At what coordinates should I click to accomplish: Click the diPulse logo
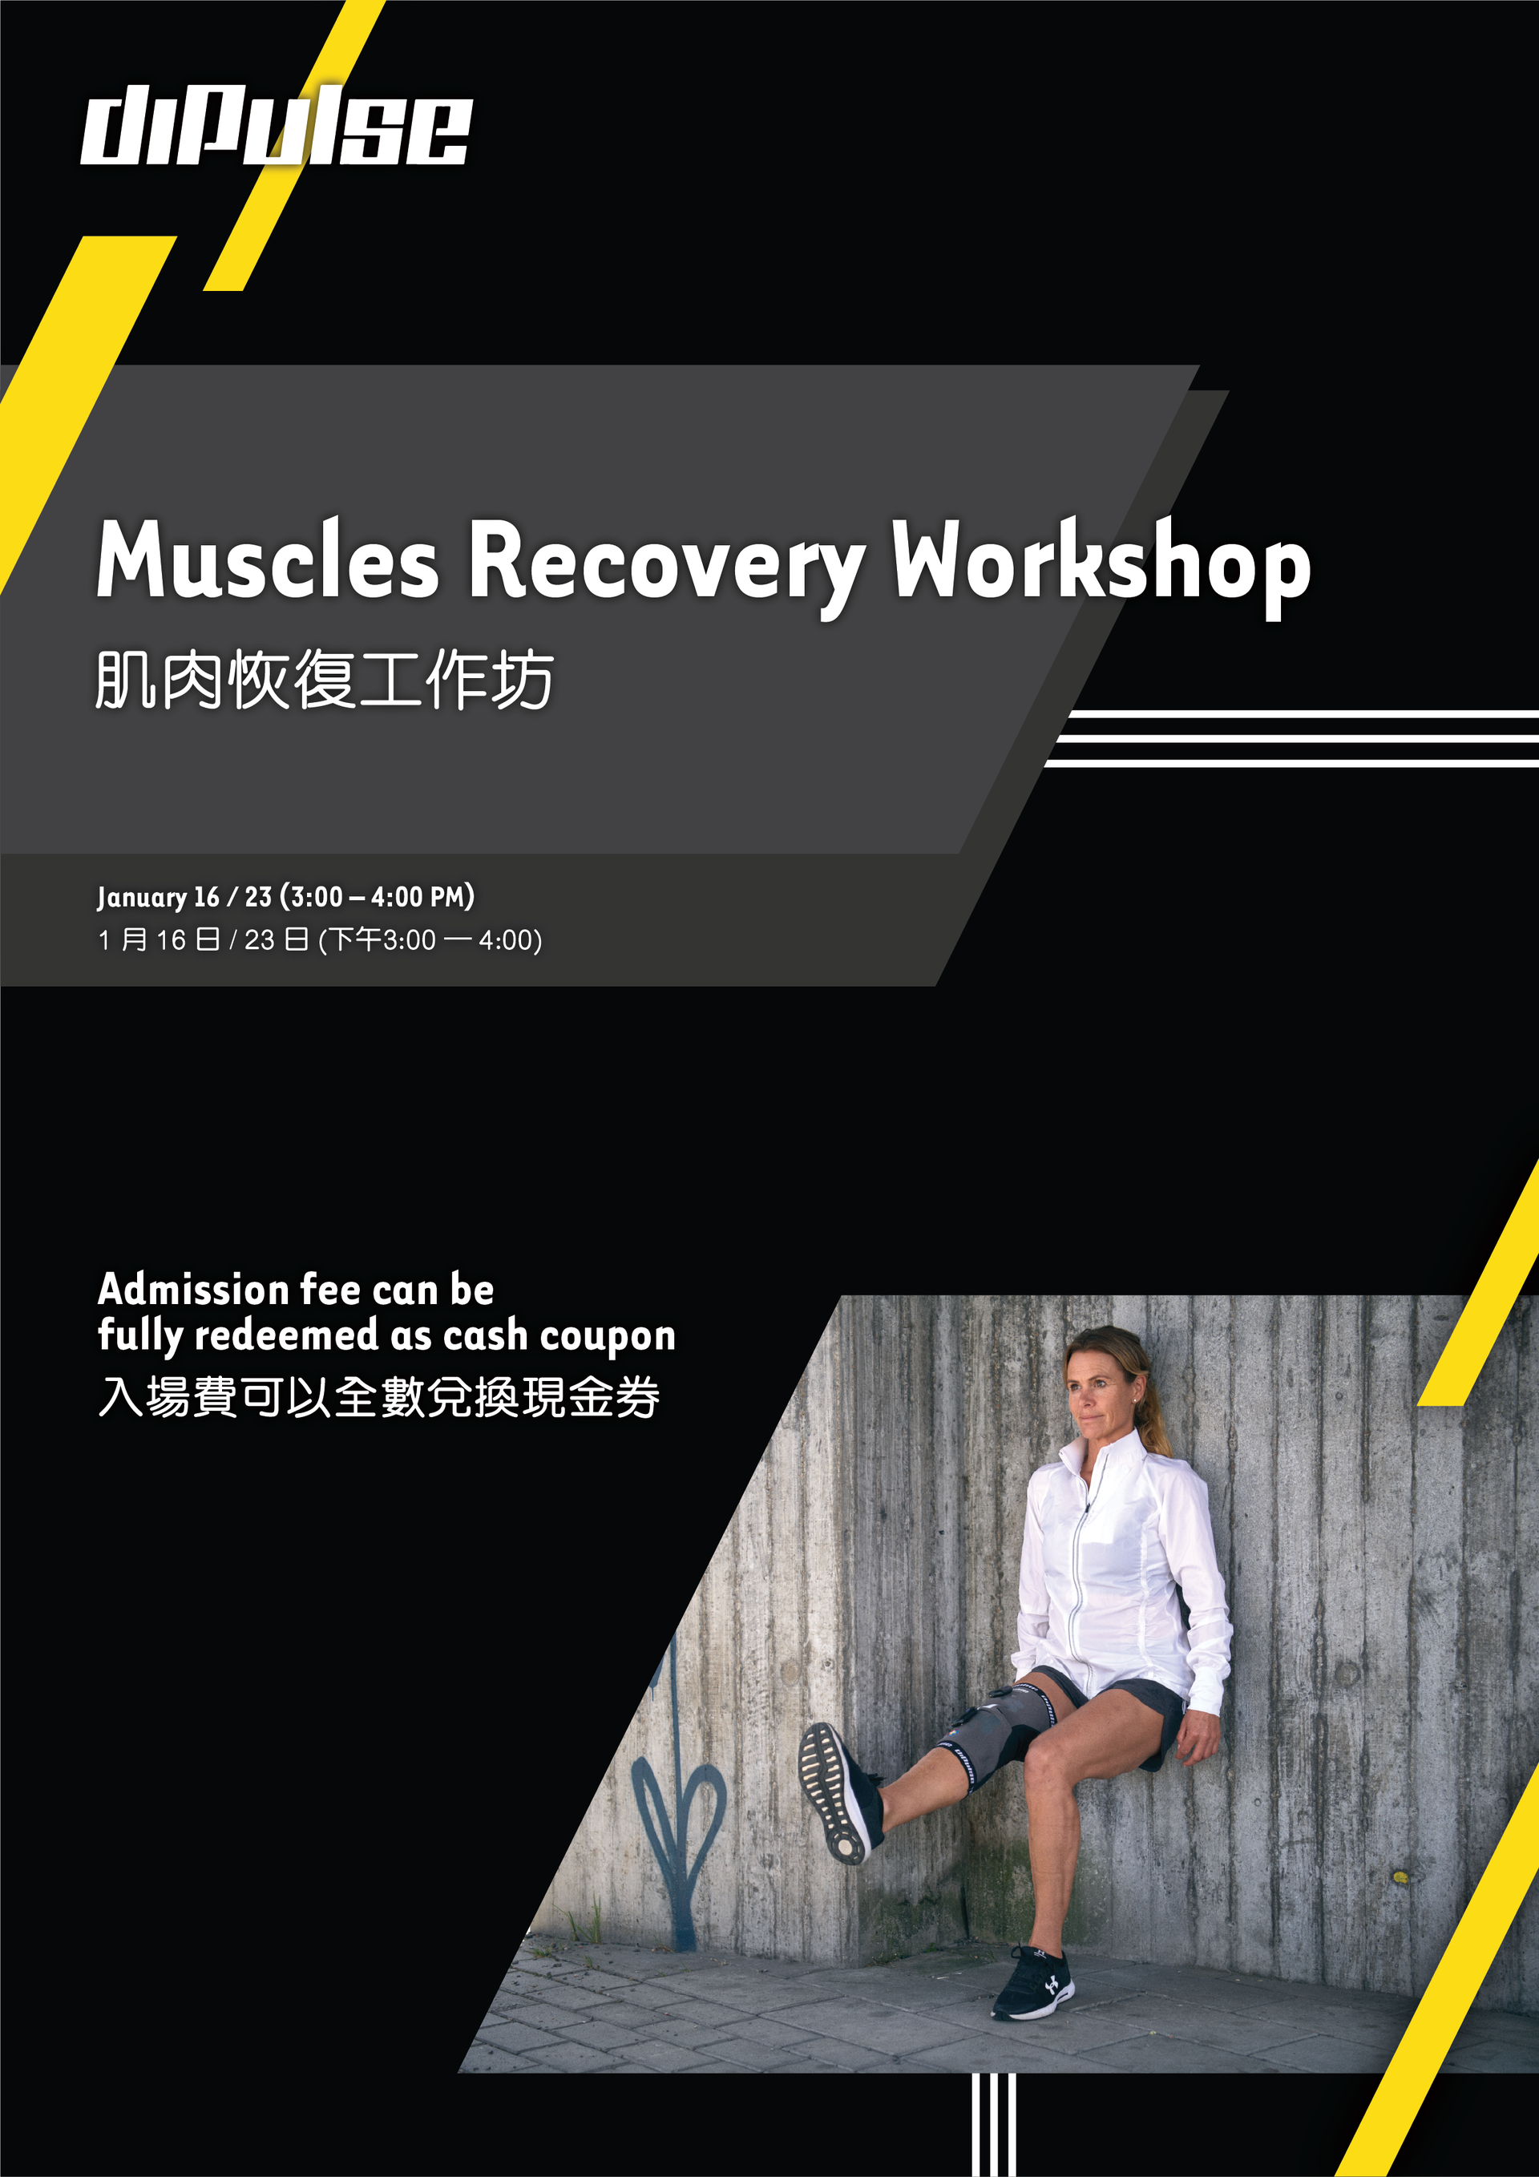coord(276,125)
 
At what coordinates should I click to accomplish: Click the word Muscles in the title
coord(269,559)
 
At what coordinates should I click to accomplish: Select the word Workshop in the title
coord(1101,566)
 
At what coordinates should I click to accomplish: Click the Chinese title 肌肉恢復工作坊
coord(325,679)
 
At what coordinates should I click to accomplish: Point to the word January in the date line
coord(142,897)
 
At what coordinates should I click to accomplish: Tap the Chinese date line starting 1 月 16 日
coord(320,939)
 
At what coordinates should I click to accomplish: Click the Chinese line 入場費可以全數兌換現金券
coord(379,1396)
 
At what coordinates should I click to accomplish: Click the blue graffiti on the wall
coord(675,1806)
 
